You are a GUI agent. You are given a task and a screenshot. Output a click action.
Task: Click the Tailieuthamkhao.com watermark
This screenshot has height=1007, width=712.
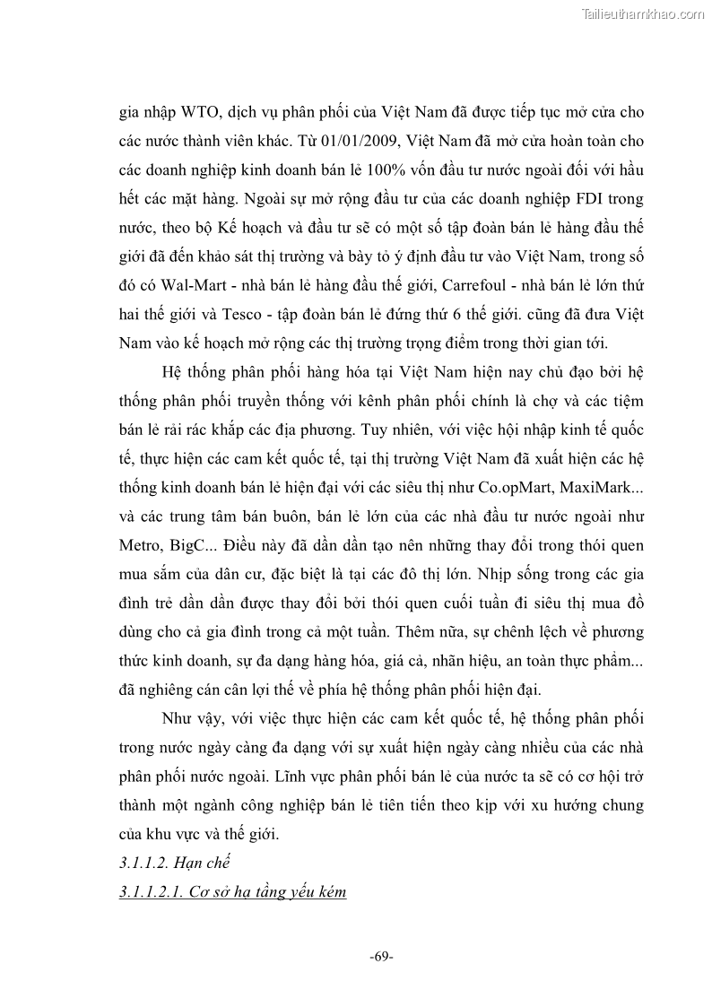point(643,13)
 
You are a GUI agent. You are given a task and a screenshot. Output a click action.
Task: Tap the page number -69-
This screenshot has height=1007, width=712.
point(381,957)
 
